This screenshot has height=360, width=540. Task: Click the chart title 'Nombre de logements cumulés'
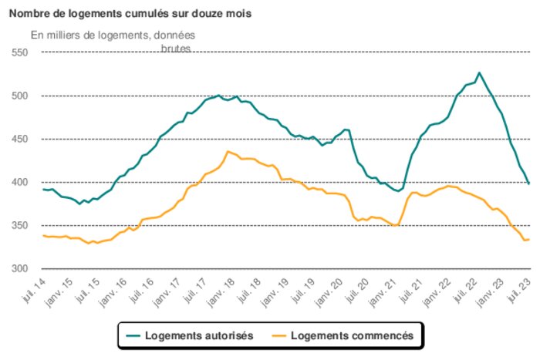(x=130, y=14)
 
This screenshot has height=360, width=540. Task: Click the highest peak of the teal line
(x=479, y=72)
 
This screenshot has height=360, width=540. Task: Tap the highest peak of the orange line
(x=227, y=151)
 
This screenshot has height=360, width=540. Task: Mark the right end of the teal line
(x=529, y=183)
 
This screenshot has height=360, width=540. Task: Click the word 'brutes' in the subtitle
(x=175, y=48)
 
